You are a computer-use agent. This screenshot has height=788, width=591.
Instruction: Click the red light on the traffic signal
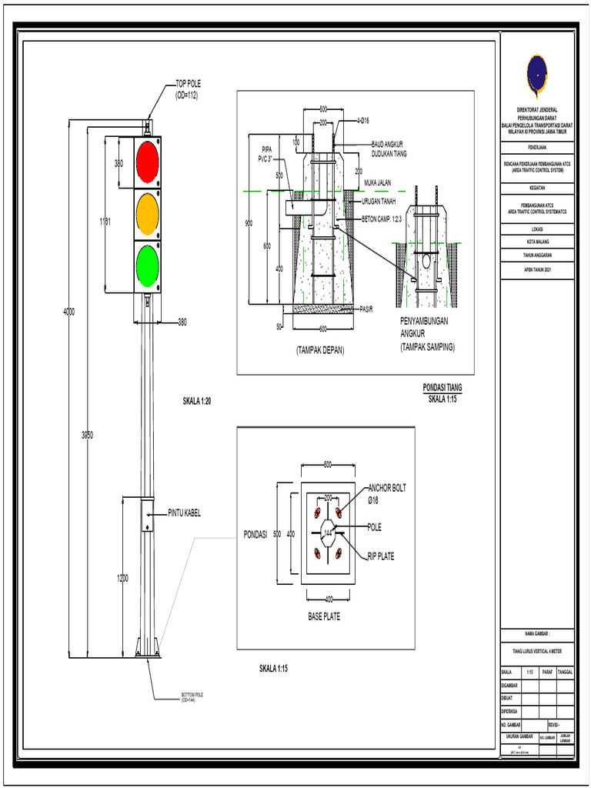[146, 161]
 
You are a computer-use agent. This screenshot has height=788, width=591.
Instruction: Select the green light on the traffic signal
[146, 265]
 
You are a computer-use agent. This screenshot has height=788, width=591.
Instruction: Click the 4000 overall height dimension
[69, 312]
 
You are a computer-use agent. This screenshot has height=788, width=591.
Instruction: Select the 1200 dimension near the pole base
[122, 578]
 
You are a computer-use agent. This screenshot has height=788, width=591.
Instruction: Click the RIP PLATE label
[382, 556]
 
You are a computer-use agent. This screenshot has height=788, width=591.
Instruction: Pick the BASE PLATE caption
[324, 617]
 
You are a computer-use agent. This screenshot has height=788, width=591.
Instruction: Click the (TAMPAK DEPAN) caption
[319, 350]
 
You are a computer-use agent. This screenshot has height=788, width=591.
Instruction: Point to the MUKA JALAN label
[378, 182]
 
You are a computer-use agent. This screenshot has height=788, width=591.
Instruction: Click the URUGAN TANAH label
[379, 202]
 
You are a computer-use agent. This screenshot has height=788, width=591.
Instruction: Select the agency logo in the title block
[536, 75]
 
